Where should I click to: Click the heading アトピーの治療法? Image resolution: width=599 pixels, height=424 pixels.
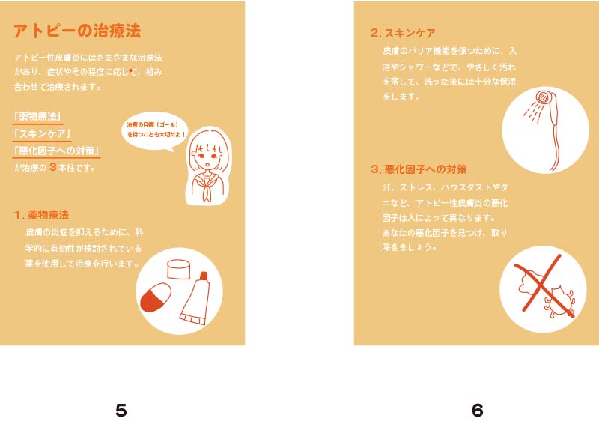point(77,31)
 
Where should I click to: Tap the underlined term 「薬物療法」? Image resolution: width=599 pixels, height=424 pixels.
point(37,117)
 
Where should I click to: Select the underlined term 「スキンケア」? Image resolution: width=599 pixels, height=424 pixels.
point(42,133)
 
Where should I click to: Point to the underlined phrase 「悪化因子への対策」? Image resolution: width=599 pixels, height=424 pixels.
point(56,151)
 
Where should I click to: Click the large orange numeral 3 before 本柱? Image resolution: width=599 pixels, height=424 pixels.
point(53,167)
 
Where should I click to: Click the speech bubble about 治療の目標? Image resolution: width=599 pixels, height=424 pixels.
point(156,131)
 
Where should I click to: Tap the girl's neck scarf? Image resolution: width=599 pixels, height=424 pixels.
point(207,187)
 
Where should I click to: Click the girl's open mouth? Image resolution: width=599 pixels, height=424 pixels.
point(207,165)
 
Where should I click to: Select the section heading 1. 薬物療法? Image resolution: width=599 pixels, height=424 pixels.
point(41,215)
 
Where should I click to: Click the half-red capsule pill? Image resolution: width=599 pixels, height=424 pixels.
point(156,297)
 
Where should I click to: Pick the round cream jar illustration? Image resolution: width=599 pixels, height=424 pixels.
point(178,269)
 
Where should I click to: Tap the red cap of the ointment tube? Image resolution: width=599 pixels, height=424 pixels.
point(204,275)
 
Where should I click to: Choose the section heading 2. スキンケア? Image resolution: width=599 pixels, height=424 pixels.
point(403,33)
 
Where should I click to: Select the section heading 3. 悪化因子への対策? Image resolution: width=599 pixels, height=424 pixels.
point(419,169)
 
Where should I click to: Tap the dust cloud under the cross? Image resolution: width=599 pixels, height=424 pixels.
point(530,284)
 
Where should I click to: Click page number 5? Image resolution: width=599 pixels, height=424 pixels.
point(121,411)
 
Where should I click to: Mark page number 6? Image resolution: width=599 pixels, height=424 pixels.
point(478,411)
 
